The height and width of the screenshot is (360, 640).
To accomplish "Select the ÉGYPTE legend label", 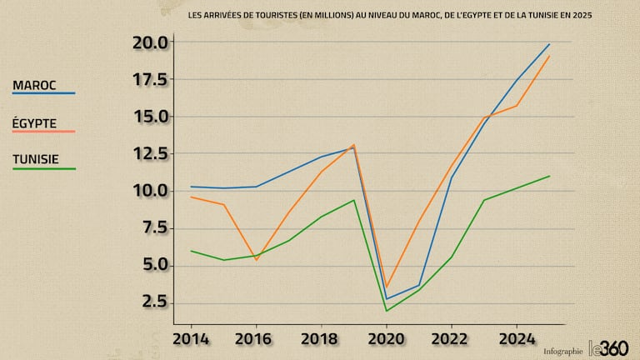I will pos(35,122).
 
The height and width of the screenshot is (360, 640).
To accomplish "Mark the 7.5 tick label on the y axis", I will pos(155,227).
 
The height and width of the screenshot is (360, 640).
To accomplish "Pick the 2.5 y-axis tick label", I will pos(155,302).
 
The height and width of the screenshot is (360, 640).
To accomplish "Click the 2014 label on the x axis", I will pos(192,339).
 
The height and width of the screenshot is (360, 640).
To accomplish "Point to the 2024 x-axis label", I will pos(517,339).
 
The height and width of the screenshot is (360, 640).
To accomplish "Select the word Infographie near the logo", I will pos(563,352).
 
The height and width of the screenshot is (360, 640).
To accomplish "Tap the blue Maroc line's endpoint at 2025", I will pos(549,44).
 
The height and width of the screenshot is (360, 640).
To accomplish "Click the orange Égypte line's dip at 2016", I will pos(257,260).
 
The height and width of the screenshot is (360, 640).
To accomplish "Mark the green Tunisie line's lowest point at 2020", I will pos(387,311).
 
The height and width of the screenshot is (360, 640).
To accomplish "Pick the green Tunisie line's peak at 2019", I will pos(354,200).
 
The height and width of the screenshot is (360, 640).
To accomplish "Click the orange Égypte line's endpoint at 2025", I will pos(549,56).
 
